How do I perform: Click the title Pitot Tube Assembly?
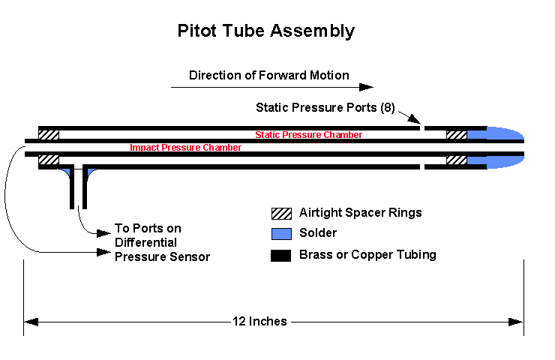pyautogui.click(x=265, y=31)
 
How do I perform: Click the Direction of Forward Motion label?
pyautogui.click(x=268, y=75)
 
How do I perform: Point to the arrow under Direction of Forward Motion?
pyautogui.click(x=270, y=88)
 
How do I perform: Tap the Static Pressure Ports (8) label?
pyautogui.click(x=325, y=107)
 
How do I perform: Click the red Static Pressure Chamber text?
pyautogui.click(x=308, y=135)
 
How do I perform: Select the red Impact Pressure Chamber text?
pyautogui.click(x=185, y=148)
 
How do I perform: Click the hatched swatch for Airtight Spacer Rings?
pyautogui.click(x=281, y=213)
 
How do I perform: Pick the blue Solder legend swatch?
pyautogui.click(x=281, y=234)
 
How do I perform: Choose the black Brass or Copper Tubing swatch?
pyautogui.click(x=281, y=255)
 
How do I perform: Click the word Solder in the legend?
pyautogui.click(x=317, y=234)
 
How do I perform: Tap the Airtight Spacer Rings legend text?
pyautogui.click(x=360, y=213)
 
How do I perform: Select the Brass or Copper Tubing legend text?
pyautogui.click(x=367, y=255)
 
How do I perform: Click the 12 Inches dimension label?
pyautogui.click(x=259, y=322)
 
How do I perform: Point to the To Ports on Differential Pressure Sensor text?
pyautogui.click(x=161, y=243)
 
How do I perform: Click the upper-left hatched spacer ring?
pyautogui.click(x=49, y=135)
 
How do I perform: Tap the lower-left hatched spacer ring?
pyautogui.click(x=49, y=160)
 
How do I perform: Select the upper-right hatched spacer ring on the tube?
pyautogui.click(x=456, y=135)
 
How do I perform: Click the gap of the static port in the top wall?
pyautogui.click(x=421, y=128)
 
